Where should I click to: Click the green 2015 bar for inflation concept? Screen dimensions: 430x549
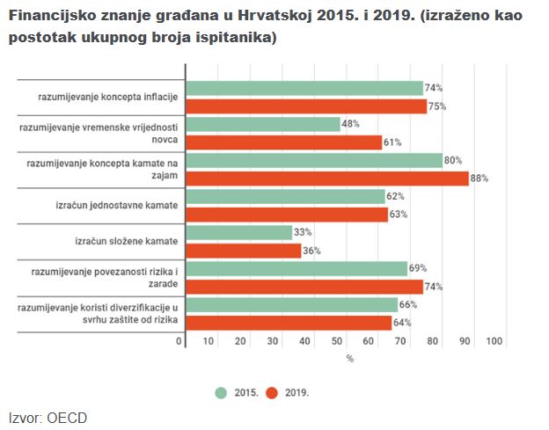304,89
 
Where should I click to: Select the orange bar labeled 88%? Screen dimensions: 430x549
327,179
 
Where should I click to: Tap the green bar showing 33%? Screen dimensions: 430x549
239,233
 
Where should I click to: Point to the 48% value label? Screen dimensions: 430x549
351,124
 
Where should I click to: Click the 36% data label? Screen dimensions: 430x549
311,251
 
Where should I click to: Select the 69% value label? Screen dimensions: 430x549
418,268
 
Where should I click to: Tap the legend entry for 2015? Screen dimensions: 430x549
238,392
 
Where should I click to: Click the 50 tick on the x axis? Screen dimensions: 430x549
337,341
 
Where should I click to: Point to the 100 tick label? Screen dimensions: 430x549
494,341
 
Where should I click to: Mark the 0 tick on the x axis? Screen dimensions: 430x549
179,341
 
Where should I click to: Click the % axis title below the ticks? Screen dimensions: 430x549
349,359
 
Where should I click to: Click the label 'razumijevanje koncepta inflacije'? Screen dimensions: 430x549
108,98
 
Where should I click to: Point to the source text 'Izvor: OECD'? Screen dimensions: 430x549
48,418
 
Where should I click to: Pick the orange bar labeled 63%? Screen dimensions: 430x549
288,215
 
